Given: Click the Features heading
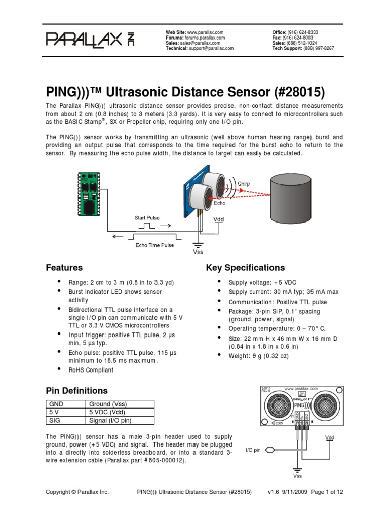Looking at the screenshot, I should coord(64,268).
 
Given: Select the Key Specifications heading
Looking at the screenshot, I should coord(245,268).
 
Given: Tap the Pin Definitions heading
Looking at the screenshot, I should coord(76,391).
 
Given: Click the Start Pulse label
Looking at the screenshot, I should coord(147,218).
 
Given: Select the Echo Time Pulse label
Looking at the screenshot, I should coord(154,245).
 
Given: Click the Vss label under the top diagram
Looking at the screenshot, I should coord(198,251).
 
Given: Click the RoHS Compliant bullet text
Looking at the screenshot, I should coord(91,370).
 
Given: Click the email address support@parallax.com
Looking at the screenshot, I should coord(211,48).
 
